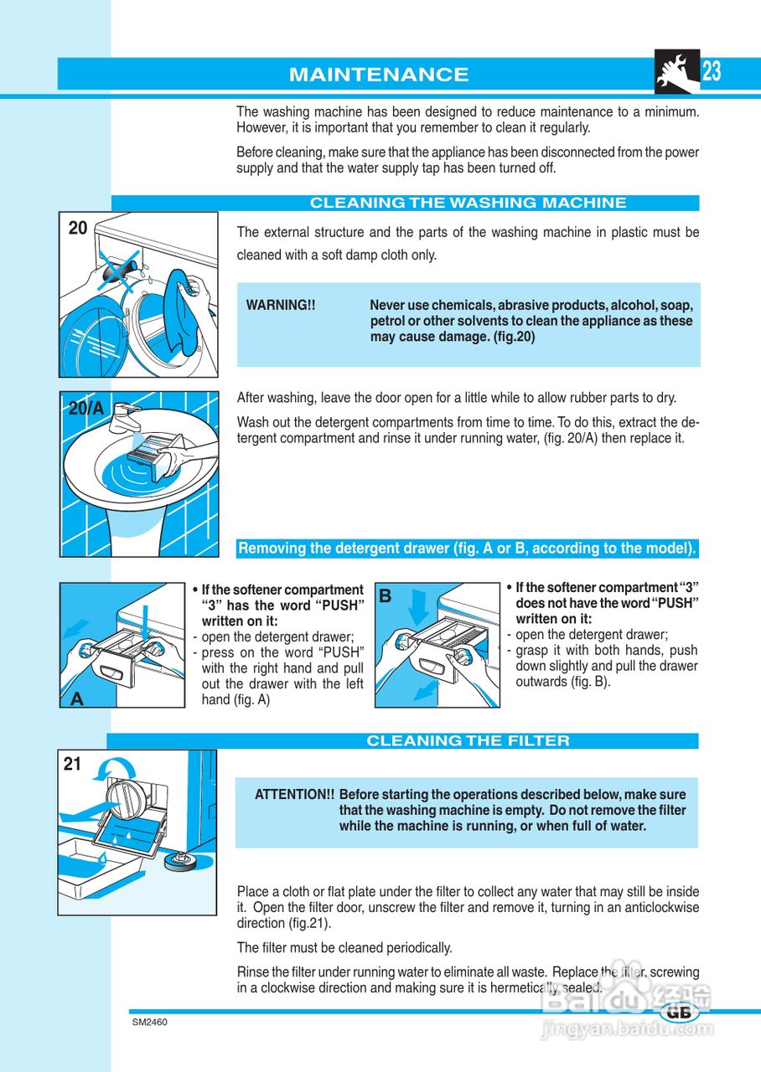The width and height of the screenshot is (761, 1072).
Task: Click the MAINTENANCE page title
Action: pos(379,75)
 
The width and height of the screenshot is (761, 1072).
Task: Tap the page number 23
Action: pos(712,71)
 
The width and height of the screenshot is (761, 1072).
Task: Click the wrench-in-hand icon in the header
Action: pos(677,71)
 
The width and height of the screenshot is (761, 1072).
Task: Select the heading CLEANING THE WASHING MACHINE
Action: pos(468,203)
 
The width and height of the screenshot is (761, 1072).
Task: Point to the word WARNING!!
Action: pos(281,306)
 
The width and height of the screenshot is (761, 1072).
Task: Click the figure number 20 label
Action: pos(78,228)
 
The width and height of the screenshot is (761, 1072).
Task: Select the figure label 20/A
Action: pos(86,408)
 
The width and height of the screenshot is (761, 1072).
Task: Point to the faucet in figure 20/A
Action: pos(125,417)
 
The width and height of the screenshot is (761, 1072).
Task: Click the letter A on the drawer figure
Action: pos(76,699)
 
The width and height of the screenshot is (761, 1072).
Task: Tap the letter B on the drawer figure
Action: pos(385,596)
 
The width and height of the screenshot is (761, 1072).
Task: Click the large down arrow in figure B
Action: pos(418,608)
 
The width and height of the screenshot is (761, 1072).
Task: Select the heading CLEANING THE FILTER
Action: pos(468,741)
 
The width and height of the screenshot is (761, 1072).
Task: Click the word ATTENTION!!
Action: pos(294,795)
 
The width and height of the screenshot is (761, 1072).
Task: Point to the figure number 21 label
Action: pos(72,764)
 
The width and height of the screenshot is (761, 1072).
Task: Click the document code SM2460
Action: pos(150,1023)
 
